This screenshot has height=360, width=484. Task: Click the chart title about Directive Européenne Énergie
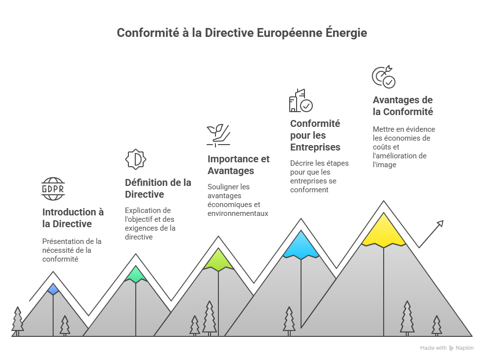(242, 33)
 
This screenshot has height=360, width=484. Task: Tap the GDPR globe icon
(53, 189)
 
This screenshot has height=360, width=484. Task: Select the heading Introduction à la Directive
(73, 218)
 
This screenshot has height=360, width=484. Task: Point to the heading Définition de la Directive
(158, 188)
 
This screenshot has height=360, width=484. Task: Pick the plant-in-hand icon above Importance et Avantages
(218, 134)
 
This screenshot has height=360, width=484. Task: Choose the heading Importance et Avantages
(238, 165)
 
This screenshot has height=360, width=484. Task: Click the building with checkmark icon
(301, 101)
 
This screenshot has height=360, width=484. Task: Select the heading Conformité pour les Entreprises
(315, 135)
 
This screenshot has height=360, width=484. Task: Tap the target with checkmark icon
(383, 77)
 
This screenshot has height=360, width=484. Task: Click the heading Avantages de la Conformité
(403, 106)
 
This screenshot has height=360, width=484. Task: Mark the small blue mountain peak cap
(53, 289)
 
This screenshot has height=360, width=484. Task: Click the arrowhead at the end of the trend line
(440, 223)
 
